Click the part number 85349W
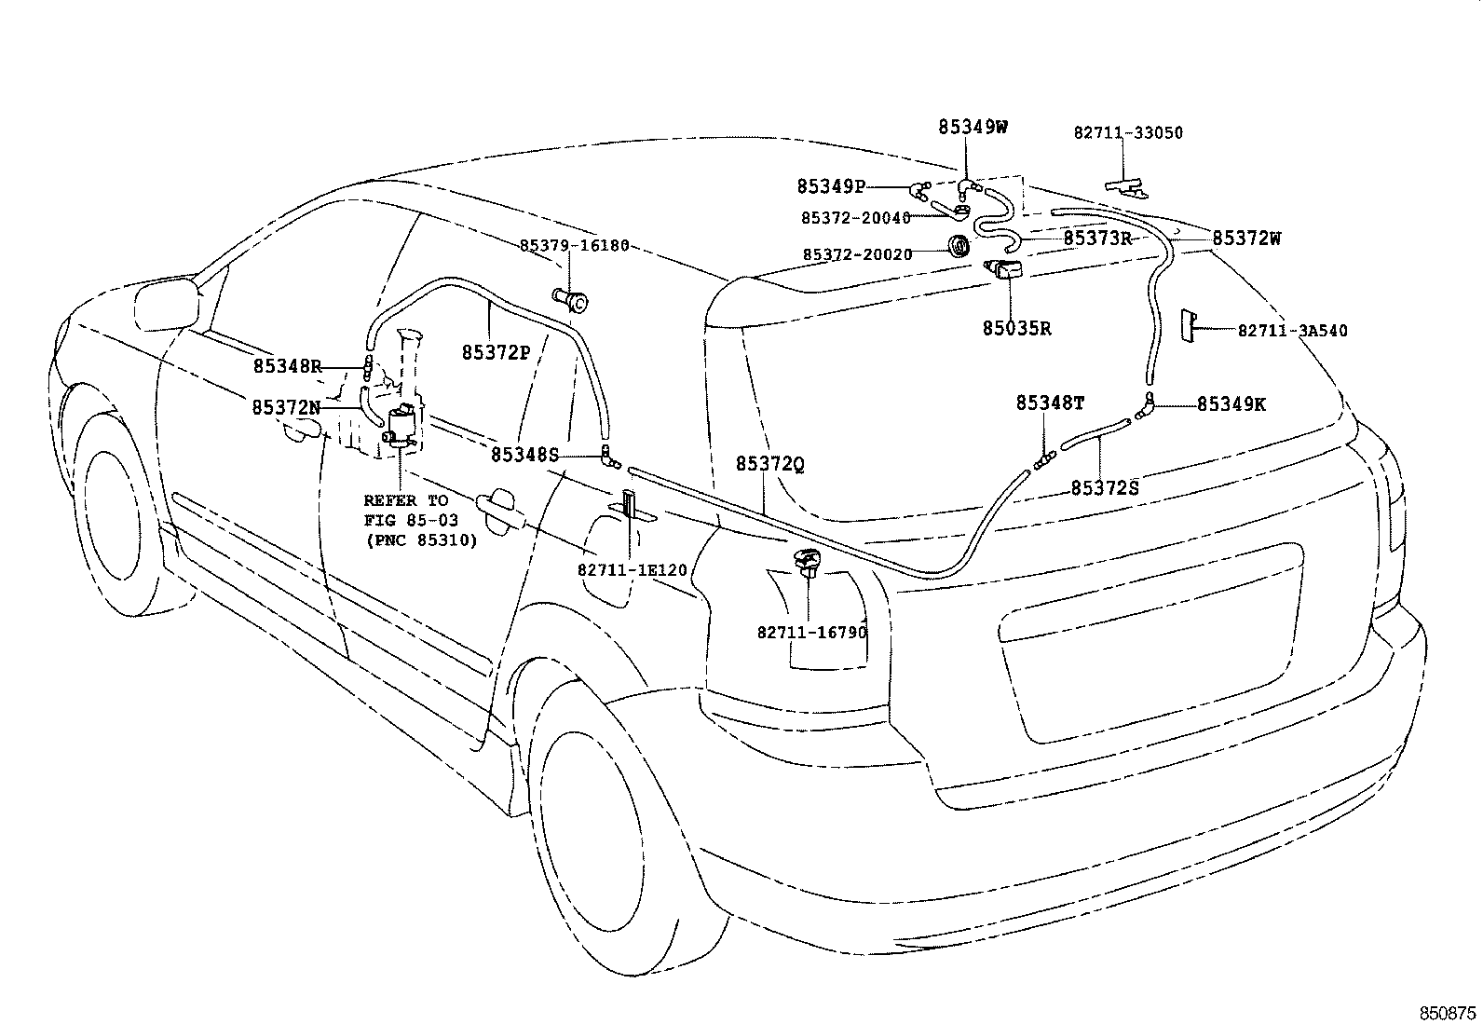[973, 128]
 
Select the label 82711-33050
[1128, 133]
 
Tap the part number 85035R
[1016, 329]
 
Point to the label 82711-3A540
[1292, 331]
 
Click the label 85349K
[1231, 404]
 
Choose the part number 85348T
[1050, 403]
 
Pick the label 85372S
[1104, 487]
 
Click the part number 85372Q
[769, 464]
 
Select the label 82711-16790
[811, 633]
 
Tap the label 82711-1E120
[632, 569]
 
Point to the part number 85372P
[496, 352]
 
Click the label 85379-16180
[574, 246]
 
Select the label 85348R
[287, 367]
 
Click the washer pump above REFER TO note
[402, 426]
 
